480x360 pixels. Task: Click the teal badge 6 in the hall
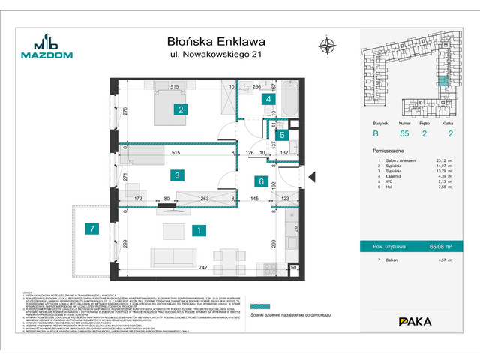[260, 181]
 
